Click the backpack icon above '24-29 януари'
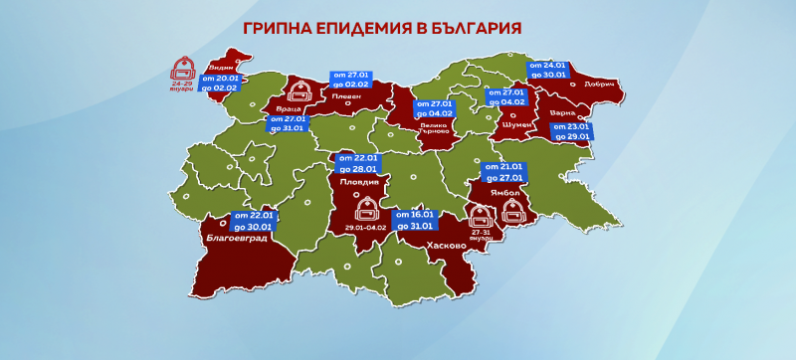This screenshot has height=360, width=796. (182, 68)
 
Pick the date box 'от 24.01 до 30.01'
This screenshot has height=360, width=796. (548, 69)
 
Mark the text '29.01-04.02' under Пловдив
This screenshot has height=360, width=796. (365, 228)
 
